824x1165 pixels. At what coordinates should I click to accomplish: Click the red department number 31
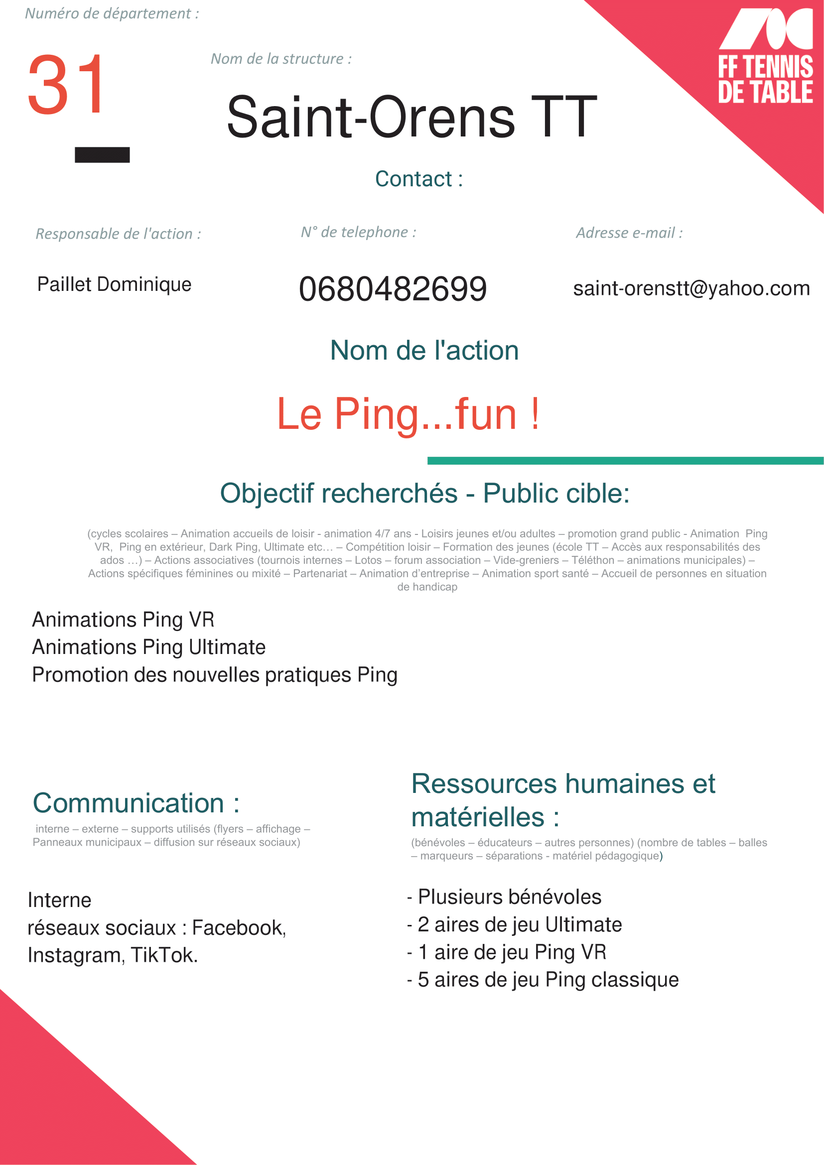pyautogui.click(x=66, y=85)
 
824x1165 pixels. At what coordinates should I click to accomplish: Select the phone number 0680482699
pyautogui.click(x=393, y=289)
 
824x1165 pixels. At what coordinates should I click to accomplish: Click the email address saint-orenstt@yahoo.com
pyautogui.click(x=691, y=288)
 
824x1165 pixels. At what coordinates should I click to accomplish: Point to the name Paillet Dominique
pyautogui.click(x=114, y=284)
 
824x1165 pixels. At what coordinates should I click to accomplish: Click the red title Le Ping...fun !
pyautogui.click(x=408, y=414)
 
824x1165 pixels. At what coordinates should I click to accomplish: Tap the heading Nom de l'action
pyautogui.click(x=424, y=350)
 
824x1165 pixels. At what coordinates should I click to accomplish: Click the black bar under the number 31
pyautogui.click(x=102, y=155)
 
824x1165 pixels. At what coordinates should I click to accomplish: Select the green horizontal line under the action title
pyautogui.click(x=625, y=461)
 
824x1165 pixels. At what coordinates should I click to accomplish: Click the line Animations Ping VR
pyautogui.click(x=123, y=620)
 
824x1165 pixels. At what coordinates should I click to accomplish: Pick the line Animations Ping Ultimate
pyautogui.click(x=148, y=647)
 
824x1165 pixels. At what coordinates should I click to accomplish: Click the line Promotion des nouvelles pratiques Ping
pyautogui.click(x=215, y=675)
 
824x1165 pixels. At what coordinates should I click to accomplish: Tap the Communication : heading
pyautogui.click(x=136, y=803)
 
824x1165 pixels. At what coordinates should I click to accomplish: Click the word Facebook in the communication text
pyautogui.click(x=239, y=927)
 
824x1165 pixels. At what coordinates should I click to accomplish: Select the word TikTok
pyautogui.click(x=163, y=955)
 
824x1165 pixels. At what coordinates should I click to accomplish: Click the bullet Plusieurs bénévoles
pyautogui.click(x=509, y=897)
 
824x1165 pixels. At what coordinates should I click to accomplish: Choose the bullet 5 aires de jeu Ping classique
pyautogui.click(x=548, y=979)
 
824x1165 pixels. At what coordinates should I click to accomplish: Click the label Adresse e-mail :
pyautogui.click(x=629, y=233)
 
